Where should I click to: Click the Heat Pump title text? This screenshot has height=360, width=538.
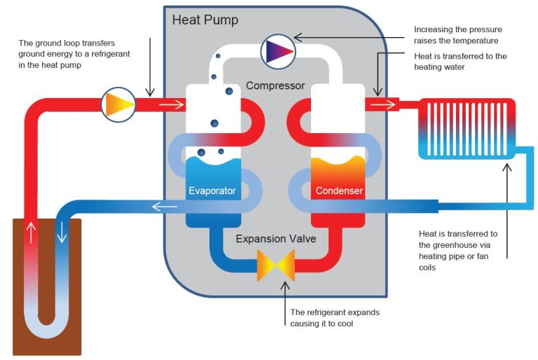(205, 20)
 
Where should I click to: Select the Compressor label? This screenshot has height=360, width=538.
(275, 86)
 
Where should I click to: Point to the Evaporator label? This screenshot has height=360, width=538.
(212, 191)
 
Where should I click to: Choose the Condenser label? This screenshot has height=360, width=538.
(338, 191)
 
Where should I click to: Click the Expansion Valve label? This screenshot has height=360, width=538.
(275, 239)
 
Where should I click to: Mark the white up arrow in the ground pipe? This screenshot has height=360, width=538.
(30, 232)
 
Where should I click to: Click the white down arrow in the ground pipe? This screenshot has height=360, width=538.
(62, 232)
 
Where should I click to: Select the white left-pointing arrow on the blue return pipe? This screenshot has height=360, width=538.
(165, 206)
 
